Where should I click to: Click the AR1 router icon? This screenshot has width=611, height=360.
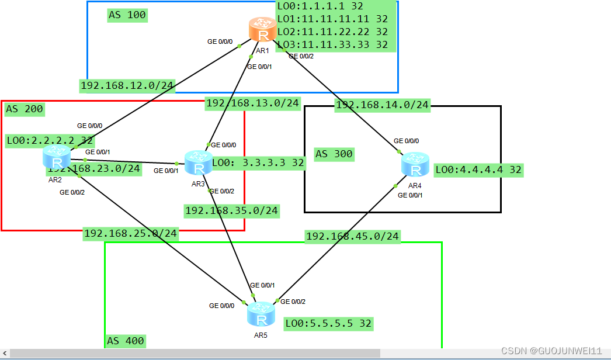(262, 29)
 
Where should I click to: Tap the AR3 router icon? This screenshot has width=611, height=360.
(199, 162)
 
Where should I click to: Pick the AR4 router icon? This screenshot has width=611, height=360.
(415, 164)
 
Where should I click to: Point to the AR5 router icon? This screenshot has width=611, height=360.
(261, 314)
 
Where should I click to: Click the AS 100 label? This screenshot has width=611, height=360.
(127, 15)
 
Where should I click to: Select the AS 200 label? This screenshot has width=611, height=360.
(24, 109)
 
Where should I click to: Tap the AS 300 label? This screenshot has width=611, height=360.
(334, 154)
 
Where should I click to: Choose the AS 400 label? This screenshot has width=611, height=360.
(125, 341)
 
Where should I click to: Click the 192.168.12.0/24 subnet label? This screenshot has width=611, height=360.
(127, 86)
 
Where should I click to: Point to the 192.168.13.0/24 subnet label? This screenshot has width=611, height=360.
(252, 103)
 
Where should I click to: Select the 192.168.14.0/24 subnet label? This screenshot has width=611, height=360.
(382, 105)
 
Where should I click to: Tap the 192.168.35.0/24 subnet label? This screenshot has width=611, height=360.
(231, 210)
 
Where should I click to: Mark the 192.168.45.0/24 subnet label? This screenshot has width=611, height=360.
(352, 236)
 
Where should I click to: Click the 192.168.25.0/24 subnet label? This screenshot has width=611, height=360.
(130, 234)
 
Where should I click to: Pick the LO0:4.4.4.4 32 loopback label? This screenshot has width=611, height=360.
(478, 170)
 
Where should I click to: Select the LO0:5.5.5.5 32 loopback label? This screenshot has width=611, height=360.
(328, 323)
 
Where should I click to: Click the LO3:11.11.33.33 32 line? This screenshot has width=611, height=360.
(332, 44)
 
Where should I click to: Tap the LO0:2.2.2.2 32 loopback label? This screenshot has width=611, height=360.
(50, 141)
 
